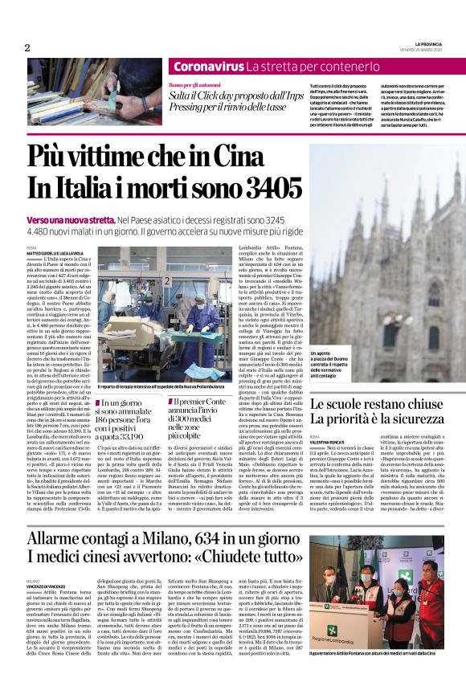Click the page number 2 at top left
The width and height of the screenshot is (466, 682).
pos(27,47)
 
